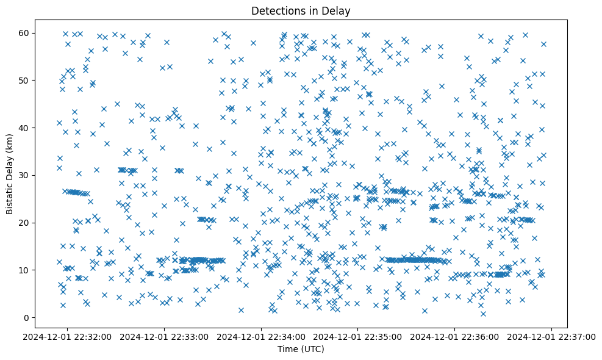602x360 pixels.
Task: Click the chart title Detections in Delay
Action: click(301, 10)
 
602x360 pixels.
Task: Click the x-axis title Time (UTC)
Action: click(301, 349)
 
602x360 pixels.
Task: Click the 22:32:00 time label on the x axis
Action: click(67, 336)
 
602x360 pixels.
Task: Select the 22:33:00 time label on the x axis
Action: click(165, 336)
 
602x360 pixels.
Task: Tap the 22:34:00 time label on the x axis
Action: click(262, 336)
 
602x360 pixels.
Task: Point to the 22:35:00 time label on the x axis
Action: click(359, 336)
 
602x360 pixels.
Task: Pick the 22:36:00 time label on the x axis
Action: click(456, 336)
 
